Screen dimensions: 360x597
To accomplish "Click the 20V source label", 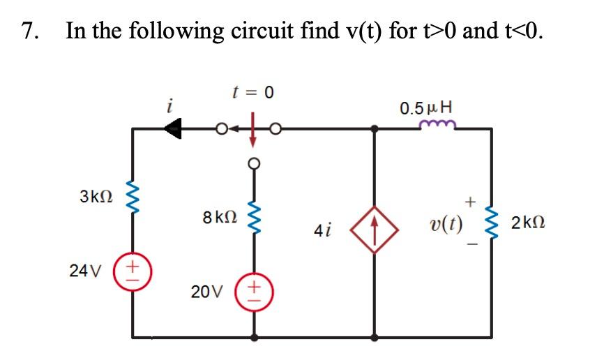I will point(206,292).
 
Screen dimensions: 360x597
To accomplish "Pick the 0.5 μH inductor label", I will point(425,108).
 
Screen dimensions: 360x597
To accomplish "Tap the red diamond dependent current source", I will point(375,227).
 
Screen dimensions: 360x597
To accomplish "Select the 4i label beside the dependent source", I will point(324,229).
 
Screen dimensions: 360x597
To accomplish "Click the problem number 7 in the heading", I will point(29,31).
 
